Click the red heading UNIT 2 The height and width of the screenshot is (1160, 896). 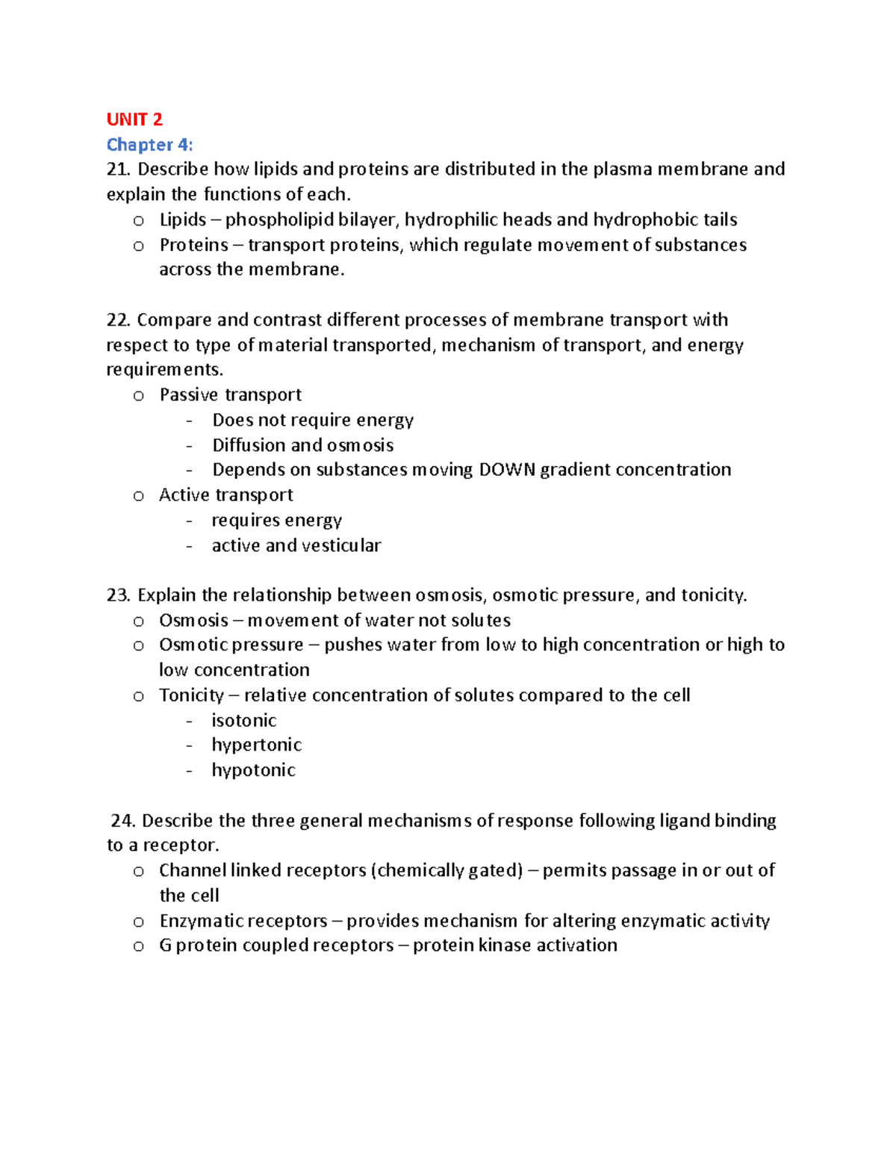point(134,120)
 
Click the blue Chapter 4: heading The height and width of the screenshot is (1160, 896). point(149,144)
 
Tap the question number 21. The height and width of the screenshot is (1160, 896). point(117,170)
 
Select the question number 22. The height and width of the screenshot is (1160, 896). point(118,320)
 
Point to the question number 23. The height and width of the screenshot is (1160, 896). point(118,595)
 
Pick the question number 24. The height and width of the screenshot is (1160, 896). point(122,821)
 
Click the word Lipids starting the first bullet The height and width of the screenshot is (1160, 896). point(182,220)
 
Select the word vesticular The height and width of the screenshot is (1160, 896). point(341,546)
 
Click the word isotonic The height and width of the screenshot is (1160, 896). point(244,721)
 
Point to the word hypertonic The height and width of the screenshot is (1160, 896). point(257,745)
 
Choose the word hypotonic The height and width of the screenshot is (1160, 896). point(254,770)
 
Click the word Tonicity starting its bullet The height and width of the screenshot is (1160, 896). point(191,695)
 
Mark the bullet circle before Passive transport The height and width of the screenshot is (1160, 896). point(138,397)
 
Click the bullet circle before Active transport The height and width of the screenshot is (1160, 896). point(138,497)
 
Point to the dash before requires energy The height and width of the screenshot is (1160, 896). point(190,521)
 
